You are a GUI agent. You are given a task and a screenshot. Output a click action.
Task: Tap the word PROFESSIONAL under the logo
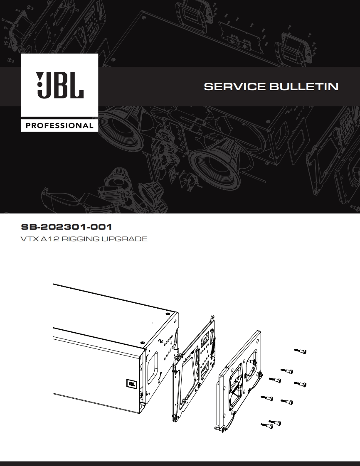[x=60, y=125]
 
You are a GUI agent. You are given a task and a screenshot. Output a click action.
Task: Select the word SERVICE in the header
[x=235, y=87]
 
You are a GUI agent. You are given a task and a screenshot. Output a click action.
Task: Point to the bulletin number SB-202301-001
[x=67, y=227]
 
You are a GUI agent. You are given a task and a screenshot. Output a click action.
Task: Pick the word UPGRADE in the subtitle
[x=124, y=239]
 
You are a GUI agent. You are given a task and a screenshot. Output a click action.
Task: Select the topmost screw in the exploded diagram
[x=301, y=351]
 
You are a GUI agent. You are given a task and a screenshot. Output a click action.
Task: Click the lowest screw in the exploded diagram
[x=266, y=425]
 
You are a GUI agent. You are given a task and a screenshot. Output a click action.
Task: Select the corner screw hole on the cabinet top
[x=167, y=314]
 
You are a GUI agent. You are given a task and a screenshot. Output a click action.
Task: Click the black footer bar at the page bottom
[x=180, y=463]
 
